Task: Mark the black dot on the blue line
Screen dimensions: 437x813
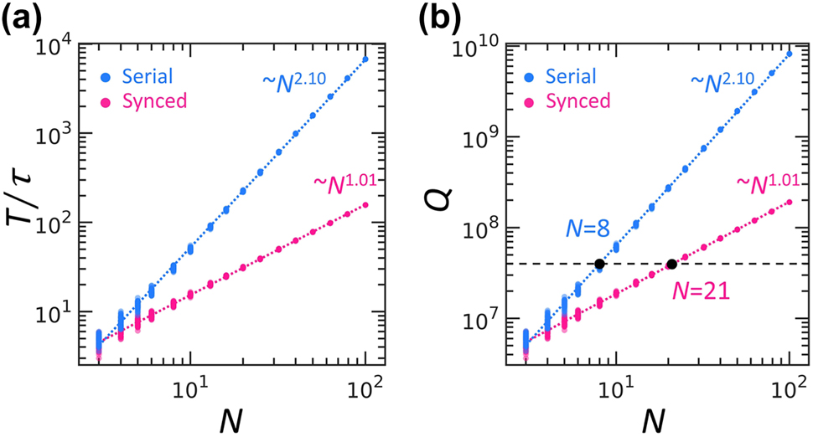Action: coord(599,264)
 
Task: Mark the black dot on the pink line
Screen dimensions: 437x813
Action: coord(671,264)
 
